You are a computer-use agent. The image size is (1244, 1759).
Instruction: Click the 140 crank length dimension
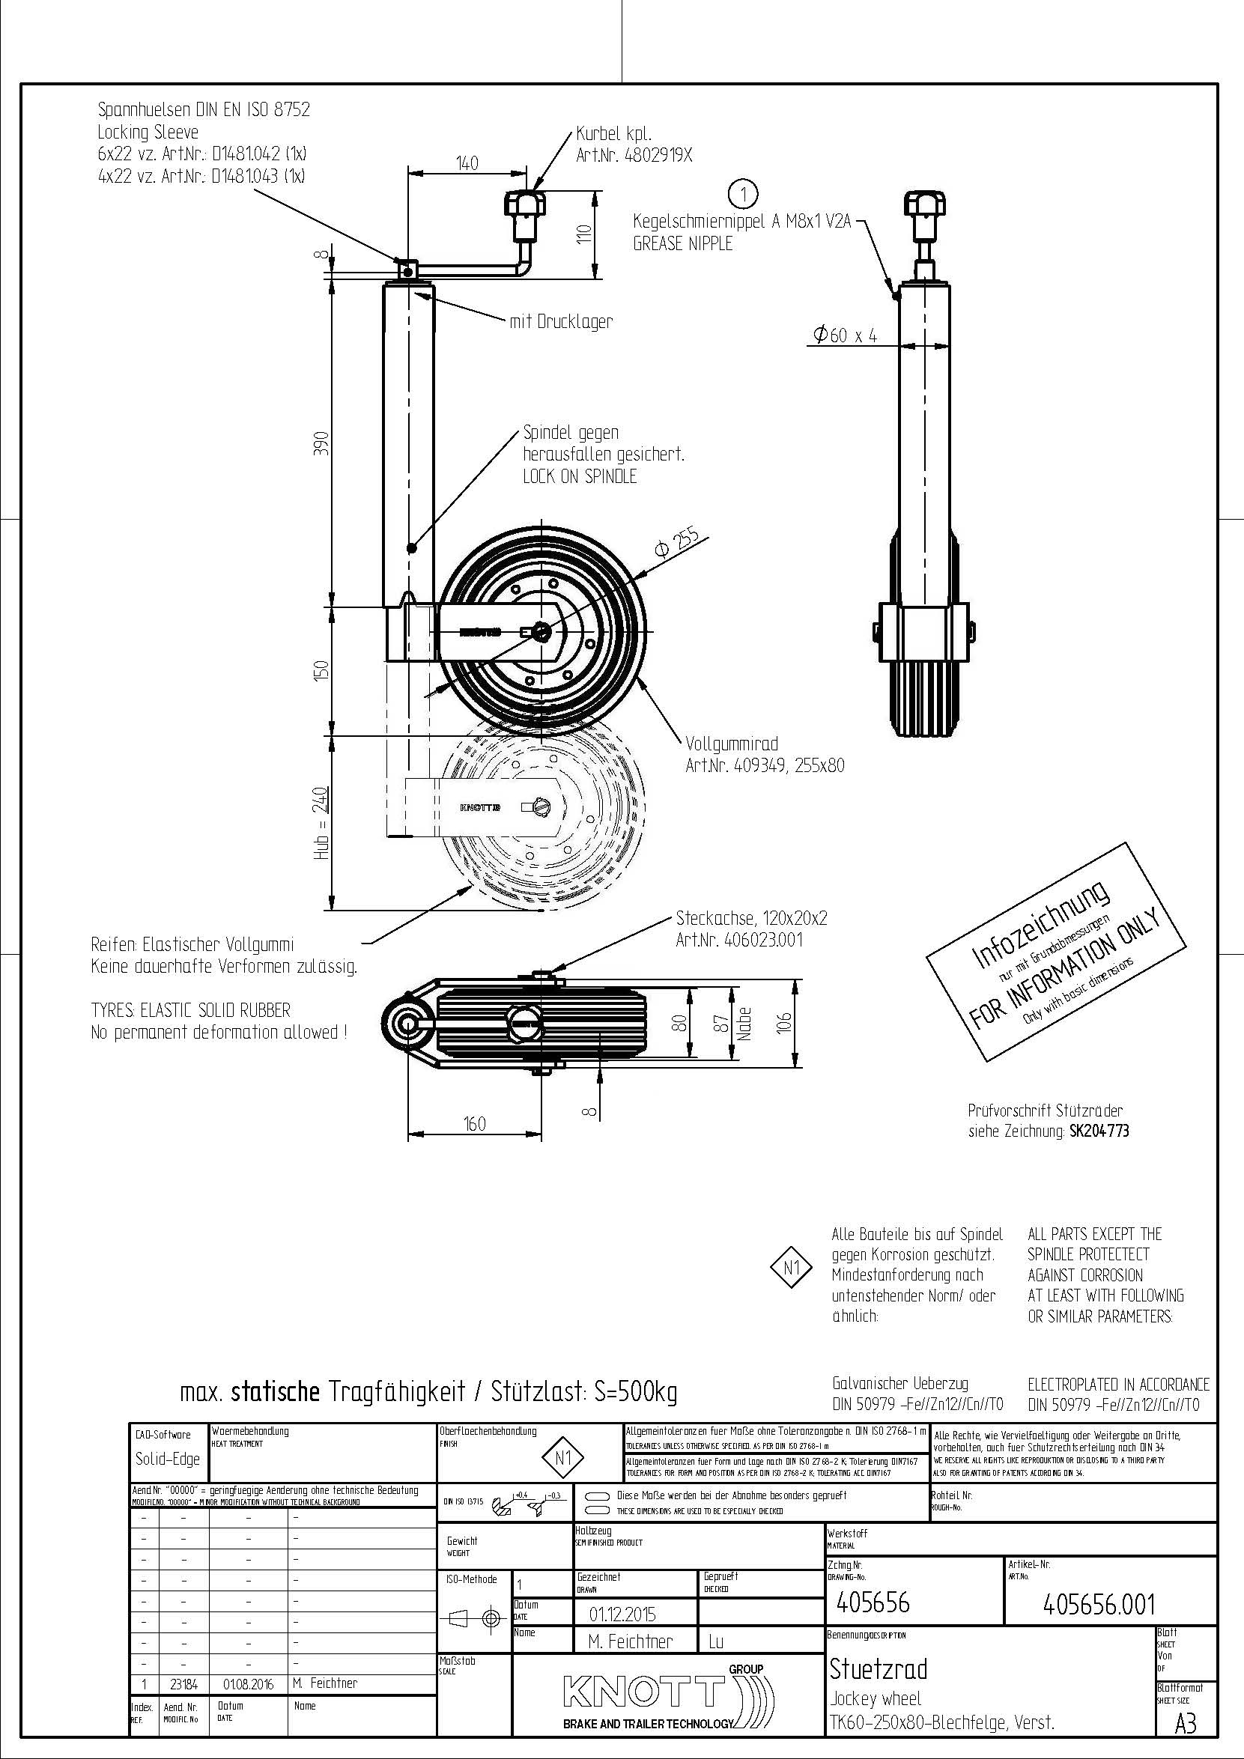coord(467,162)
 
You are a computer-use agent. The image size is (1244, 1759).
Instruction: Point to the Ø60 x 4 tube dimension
coord(845,335)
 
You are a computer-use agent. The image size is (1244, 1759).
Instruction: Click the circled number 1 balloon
coord(744,194)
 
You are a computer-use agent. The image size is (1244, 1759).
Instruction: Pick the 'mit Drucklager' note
coord(561,322)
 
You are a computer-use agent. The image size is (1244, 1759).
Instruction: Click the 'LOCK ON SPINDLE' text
coord(579,476)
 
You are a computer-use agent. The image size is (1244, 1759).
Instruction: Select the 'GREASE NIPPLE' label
coord(682,243)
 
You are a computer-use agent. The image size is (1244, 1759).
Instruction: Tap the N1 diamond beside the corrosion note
coord(792,1268)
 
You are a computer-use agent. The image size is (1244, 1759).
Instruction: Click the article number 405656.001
coord(1099,1604)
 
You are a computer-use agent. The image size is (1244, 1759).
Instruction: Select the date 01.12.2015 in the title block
coord(622,1614)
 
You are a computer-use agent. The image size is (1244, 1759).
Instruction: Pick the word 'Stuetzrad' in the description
coord(878,1668)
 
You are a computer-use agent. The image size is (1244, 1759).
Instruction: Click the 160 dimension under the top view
coord(475,1124)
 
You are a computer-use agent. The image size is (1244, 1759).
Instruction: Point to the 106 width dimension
coord(784,1022)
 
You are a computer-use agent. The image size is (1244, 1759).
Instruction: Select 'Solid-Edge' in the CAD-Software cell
coord(167,1459)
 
